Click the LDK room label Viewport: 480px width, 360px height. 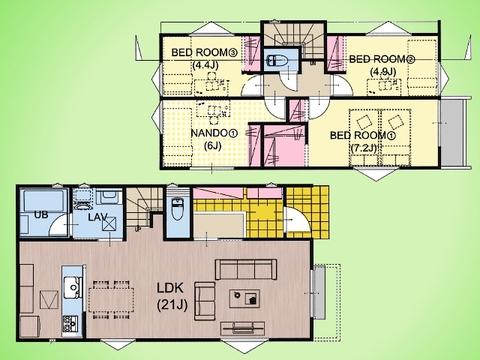(x=170, y=288)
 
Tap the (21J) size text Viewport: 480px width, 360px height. (x=172, y=305)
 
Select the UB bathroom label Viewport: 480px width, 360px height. (x=41, y=215)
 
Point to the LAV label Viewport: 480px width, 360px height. (x=97, y=217)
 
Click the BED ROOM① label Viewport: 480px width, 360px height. (x=363, y=135)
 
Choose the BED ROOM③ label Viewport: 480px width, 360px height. (x=204, y=52)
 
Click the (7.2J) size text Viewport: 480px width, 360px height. (x=364, y=148)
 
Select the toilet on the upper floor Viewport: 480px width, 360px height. (x=278, y=60)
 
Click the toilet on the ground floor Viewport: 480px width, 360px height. (x=177, y=208)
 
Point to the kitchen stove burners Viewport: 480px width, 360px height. (x=70, y=323)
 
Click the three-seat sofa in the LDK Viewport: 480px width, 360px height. (x=246, y=269)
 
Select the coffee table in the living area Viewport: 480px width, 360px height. (x=245, y=298)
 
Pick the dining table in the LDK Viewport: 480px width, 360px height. (x=111, y=300)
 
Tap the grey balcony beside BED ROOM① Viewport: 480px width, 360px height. (x=452, y=132)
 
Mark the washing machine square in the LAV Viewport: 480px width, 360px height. (x=110, y=224)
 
